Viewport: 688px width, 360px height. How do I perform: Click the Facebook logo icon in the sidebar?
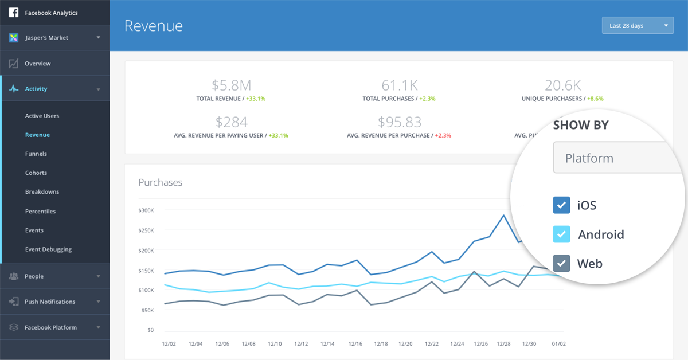pos(14,13)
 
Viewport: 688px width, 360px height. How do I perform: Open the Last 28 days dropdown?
pos(638,25)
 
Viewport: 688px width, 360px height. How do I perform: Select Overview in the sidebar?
pos(37,64)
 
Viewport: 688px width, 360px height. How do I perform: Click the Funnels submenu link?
pos(36,154)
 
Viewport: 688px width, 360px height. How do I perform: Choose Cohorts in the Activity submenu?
pos(36,173)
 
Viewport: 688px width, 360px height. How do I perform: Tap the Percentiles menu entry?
pos(40,212)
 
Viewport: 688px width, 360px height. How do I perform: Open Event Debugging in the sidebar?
pos(48,249)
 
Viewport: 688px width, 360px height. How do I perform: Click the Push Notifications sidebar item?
pos(50,302)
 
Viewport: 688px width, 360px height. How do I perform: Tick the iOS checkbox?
pos(561,205)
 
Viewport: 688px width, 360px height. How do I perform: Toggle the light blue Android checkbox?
pos(561,234)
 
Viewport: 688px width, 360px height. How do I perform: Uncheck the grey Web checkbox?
pos(561,263)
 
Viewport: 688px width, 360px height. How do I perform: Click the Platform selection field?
pos(617,158)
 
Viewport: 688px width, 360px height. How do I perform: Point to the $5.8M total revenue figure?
pos(231,85)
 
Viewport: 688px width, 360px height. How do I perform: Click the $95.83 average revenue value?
pos(399,122)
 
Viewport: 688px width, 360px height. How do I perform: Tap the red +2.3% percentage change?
pos(443,135)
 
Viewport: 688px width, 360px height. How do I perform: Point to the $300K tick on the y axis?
pos(146,210)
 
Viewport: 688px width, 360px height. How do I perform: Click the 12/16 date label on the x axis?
pos(355,344)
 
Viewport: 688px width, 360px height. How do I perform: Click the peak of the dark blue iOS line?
pos(504,216)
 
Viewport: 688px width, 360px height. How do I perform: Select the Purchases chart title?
pos(161,182)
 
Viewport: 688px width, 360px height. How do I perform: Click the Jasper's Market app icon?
pos(14,38)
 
